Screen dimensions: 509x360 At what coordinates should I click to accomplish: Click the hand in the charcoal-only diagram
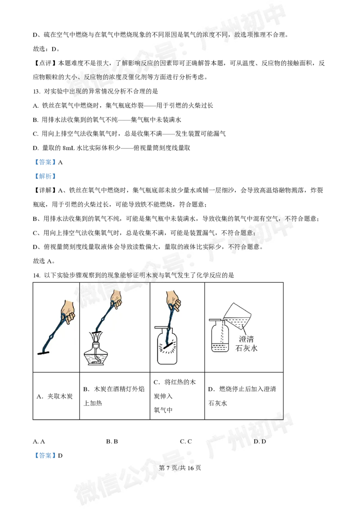[x=68, y=310]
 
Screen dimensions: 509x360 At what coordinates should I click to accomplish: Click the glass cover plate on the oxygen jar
[x=166, y=326]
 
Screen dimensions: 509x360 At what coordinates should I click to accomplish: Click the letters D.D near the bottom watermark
[x=260, y=442]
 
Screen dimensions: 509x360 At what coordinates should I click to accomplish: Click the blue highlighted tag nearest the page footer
[x=45, y=455]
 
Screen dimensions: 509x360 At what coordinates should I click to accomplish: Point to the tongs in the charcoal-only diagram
[x=54, y=335]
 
